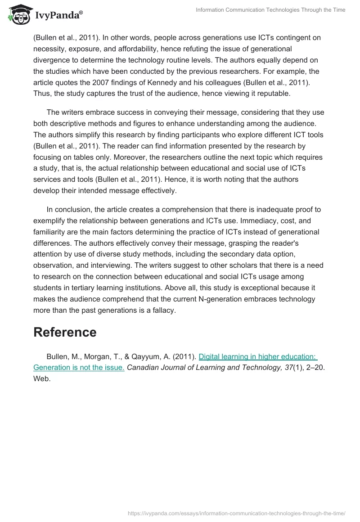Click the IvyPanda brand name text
click(58, 15)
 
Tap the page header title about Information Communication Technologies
click(270, 10)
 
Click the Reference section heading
click(65, 332)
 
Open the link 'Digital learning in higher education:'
click(257, 356)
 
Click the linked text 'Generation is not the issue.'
click(79, 367)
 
